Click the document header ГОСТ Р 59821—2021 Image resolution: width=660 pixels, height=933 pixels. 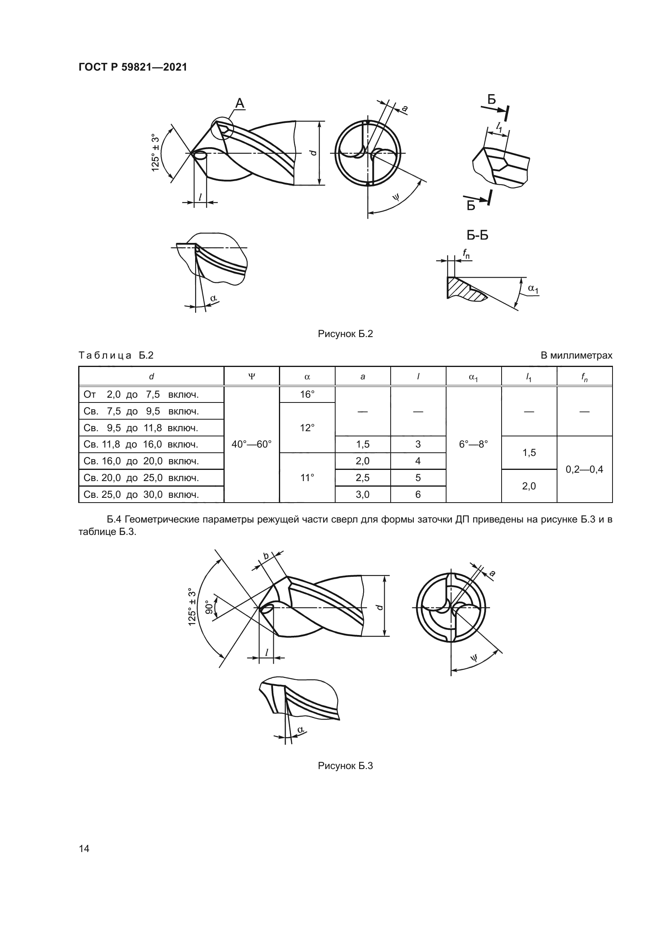133,67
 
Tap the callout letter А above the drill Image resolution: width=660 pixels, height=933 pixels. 240,104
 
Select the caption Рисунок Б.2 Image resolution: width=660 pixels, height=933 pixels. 346,334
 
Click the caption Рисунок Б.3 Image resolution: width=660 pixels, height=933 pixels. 346,766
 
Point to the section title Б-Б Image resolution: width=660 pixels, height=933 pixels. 478,235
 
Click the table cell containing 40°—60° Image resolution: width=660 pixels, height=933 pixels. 251,444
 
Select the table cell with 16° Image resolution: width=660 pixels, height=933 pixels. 307,395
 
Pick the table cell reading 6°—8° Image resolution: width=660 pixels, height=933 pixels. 474,444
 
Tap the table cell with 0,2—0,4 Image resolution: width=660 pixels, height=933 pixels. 585,470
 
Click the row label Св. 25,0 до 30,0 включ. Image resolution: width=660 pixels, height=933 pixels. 141,495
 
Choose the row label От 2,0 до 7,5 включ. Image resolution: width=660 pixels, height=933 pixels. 141,395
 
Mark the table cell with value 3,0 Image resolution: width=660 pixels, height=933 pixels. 362,495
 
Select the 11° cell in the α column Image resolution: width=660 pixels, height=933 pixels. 307,478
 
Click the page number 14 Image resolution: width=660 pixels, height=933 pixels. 84,848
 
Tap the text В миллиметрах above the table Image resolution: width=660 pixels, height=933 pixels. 576,355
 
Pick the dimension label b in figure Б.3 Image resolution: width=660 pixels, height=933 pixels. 266,556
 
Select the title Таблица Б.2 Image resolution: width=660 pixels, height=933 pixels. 116,355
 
